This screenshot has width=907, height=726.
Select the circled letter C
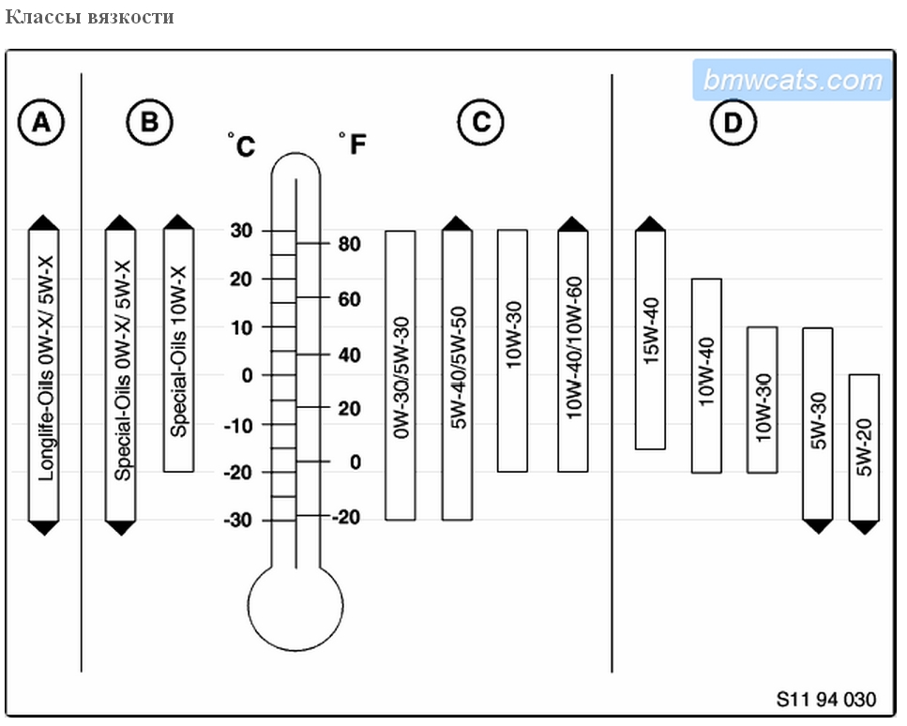pyautogui.click(x=480, y=122)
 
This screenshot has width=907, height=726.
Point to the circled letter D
pyautogui.click(x=733, y=122)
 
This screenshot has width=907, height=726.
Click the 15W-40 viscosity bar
pyautogui.click(x=650, y=340)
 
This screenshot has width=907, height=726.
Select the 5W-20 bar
pyautogui.click(x=864, y=447)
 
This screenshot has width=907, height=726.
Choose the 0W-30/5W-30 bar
pyautogui.click(x=401, y=375)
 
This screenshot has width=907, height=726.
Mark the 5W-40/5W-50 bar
pyautogui.click(x=457, y=375)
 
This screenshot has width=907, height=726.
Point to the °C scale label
pyautogui.click(x=241, y=145)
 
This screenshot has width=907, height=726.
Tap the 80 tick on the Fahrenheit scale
pyautogui.click(x=349, y=244)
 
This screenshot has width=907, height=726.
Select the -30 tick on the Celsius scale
pyautogui.click(x=239, y=520)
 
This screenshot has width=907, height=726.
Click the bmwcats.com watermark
pyautogui.click(x=793, y=81)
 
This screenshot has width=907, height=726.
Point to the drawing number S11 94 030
pyautogui.click(x=826, y=699)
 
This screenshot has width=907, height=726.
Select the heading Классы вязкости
pyautogui.click(x=90, y=17)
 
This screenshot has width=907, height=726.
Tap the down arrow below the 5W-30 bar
pyautogui.click(x=818, y=526)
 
